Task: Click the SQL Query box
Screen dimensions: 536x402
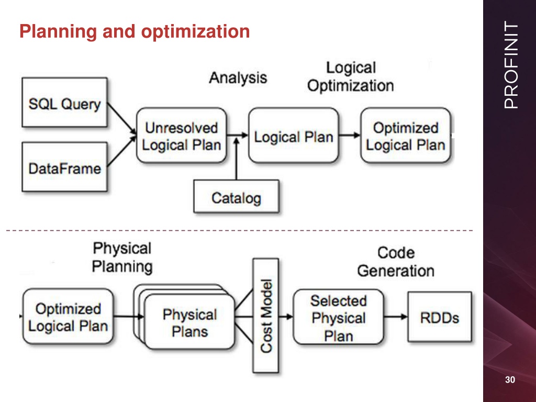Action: tap(64, 102)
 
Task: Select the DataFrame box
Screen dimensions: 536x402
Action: tap(64, 167)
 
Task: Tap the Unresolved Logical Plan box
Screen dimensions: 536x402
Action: tap(182, 136)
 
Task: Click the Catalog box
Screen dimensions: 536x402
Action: tap(236, 197)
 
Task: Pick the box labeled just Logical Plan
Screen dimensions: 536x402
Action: tap(294, 136)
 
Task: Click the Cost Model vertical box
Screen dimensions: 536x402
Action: tap(265, 316)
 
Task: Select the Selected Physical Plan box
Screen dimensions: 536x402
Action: tap(339, 317)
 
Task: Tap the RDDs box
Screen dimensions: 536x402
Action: tap(440, 317)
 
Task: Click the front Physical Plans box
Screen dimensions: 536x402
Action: tap(189, 322)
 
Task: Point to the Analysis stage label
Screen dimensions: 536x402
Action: tap(238, 77)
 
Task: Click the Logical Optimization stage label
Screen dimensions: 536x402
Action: tap(350, 76)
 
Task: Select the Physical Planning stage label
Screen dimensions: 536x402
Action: tap(122, 258)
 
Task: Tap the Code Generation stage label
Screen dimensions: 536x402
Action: tap(396, 262)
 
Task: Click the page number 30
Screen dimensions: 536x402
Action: tap(510, 380)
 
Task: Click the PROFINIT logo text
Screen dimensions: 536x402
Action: tap(511, 65)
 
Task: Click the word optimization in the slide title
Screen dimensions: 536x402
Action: tap(195, 31)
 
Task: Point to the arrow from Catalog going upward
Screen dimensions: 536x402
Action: tap(236, 159)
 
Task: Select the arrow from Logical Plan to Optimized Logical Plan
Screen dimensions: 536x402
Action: tap(350, 136)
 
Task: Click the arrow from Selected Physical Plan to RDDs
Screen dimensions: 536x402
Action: tap(396, 317)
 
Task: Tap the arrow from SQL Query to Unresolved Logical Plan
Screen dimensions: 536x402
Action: tap(121, 118)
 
